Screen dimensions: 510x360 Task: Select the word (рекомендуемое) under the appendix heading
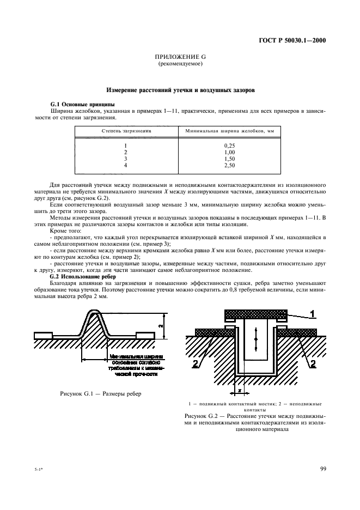tap(180, 64)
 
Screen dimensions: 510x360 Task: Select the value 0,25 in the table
tap(229, 146)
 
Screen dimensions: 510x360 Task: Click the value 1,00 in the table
tap(229, 152)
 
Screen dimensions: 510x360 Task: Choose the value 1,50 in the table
tap(229, 158)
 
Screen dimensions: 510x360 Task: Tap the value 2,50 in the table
tap(229, 164)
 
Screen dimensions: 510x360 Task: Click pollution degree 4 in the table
tap(125, 164)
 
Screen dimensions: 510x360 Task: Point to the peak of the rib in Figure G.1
tap(92, 312)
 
